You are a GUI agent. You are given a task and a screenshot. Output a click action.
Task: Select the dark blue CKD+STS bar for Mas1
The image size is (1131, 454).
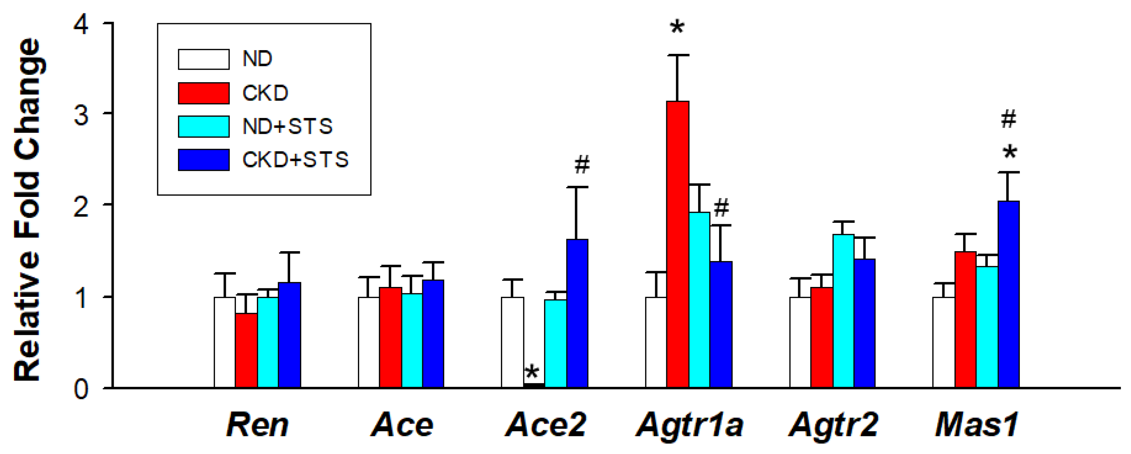[x=1008, y=294]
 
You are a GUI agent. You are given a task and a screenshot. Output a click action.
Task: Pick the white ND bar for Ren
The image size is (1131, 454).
[x=224, y=342]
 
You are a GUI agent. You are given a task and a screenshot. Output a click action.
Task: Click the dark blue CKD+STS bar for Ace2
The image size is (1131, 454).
[x=577, y=313]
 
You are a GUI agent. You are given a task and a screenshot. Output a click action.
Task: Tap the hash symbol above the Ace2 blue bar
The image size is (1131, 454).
[x=582, y=165]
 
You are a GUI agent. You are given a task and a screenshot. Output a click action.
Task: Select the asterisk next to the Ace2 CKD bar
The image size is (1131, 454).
[x=531, y=373]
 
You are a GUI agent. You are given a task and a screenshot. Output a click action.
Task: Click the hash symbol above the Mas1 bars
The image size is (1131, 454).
[x=1008, y=119]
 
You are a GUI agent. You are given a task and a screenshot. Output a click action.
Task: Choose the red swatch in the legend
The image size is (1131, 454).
[x=203, y=93]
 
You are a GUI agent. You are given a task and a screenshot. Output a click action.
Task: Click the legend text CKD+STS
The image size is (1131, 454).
[x=295, y=160]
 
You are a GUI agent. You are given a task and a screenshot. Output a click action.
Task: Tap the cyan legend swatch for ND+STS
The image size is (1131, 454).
[x=203, y=127]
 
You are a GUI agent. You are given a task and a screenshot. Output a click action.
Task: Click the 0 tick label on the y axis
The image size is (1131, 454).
[x=81, y=389]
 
